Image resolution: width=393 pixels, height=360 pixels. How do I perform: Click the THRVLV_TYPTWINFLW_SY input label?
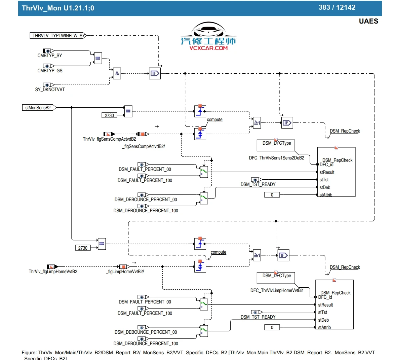coord(58,35)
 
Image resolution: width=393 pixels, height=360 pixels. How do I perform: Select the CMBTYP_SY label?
coord(50,56)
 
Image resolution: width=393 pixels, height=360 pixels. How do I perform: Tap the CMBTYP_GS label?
coord(50,71)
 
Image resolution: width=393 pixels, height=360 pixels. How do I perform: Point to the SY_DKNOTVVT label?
coord(50,90)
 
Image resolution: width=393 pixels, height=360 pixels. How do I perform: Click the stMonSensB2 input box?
coord(38,108)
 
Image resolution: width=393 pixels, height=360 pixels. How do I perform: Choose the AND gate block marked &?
coord(117,73)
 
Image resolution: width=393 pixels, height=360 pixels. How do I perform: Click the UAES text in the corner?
coord(368,21)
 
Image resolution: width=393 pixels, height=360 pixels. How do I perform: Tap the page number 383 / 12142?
coord(337,7)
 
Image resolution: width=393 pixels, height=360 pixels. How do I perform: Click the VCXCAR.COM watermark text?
coord(208,48)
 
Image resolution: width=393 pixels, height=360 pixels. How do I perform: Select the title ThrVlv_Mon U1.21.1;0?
coord(58,8)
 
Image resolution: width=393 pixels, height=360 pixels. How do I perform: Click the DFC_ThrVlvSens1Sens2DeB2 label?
coord(276,158)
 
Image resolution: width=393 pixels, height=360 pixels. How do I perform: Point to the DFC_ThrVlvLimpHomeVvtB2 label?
coord(276,290)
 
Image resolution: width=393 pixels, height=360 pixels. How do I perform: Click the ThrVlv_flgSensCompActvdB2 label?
coord(109,139)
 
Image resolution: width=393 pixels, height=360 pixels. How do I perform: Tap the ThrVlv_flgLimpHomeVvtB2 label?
coord(53,272)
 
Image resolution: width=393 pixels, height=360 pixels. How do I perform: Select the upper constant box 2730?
coord(109,115)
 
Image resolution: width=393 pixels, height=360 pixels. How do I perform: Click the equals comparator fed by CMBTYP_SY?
coord(98,58)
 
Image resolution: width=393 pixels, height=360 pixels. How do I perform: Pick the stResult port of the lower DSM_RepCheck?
coord(325,305)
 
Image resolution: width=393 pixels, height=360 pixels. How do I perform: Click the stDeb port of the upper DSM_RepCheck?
coord(325,187)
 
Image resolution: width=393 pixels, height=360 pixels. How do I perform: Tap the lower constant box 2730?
coord(83,248)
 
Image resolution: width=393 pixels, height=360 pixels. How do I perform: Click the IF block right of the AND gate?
coord(155,73)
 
